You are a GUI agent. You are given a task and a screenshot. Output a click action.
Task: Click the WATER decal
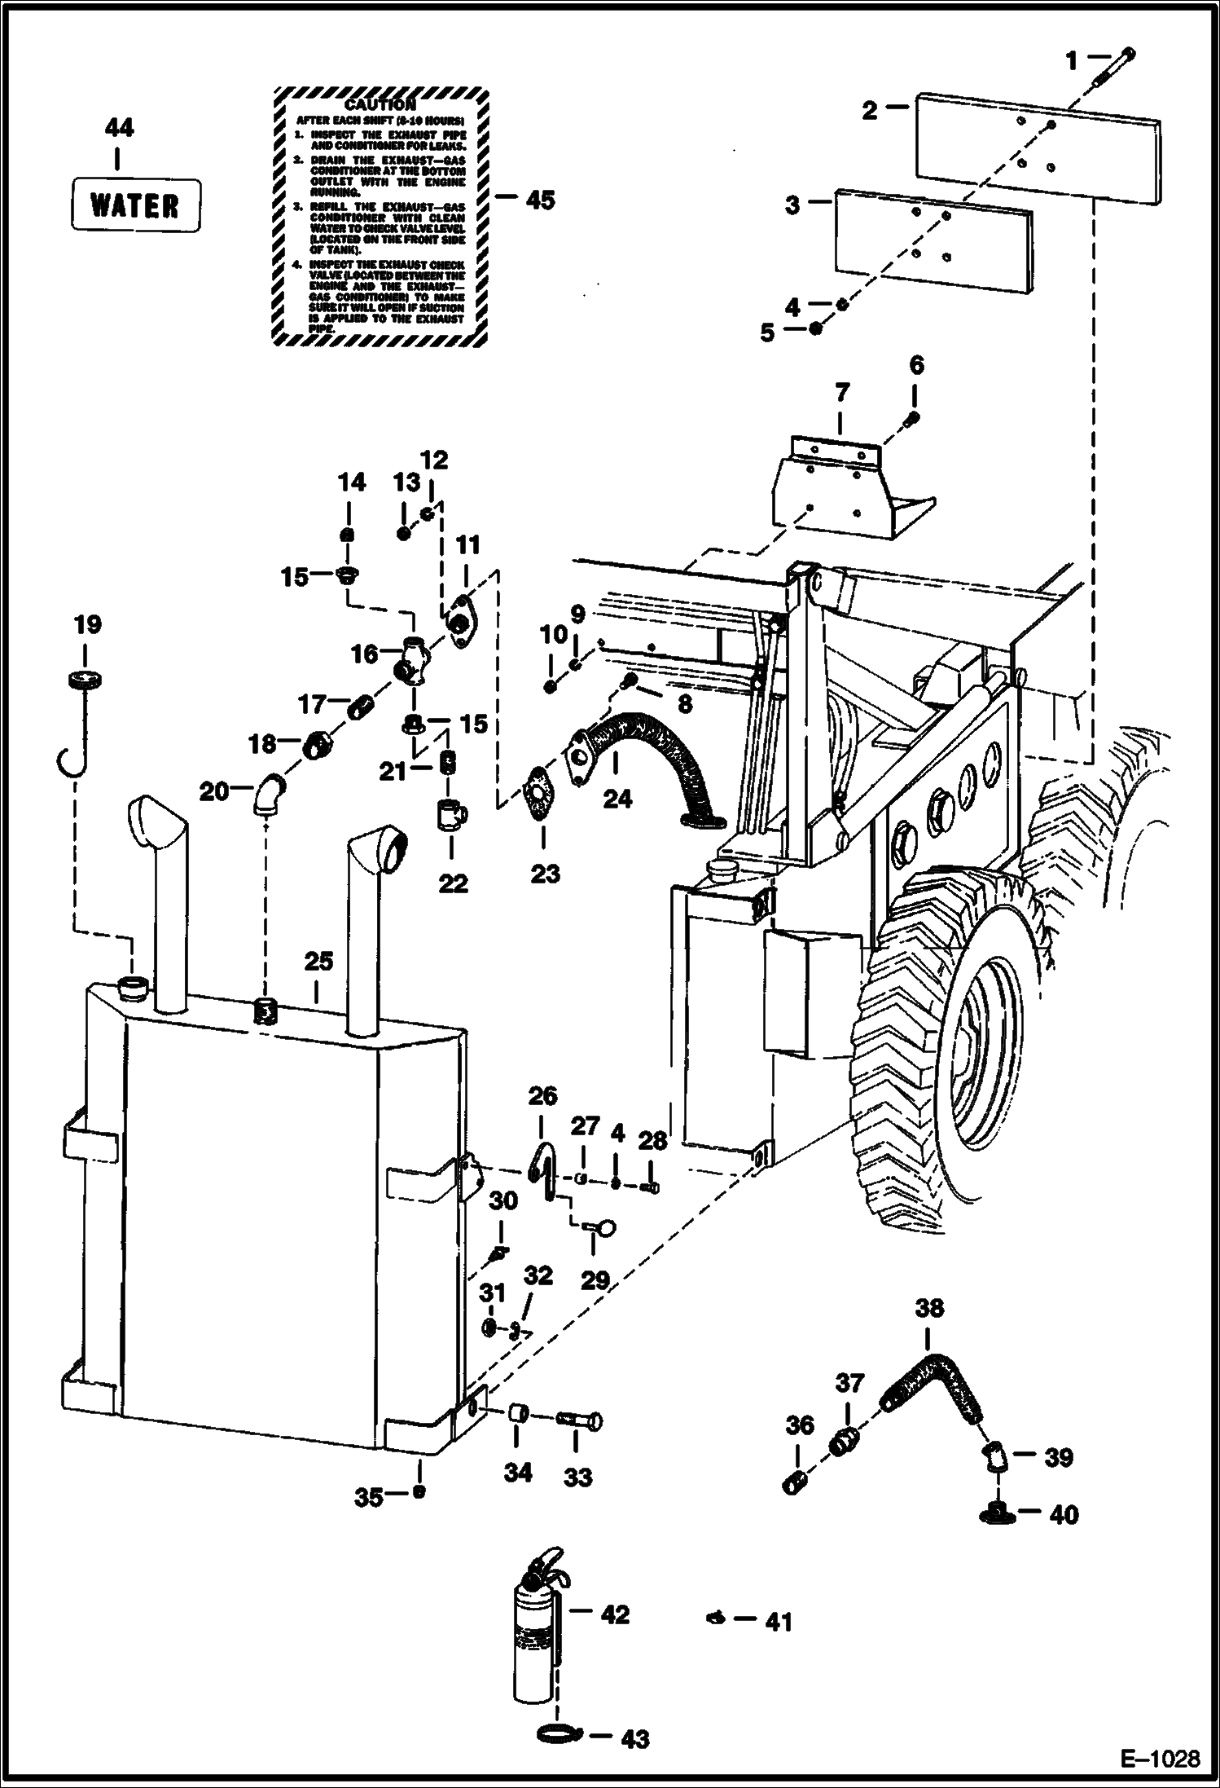tap(135, 205)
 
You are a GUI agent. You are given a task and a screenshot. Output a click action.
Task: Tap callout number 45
tap(540, 199)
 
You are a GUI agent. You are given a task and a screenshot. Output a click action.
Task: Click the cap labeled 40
tap(995, 1513)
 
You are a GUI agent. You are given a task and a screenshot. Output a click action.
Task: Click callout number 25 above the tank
tap(318, 962)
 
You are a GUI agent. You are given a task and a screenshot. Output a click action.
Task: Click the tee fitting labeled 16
tap(414, 658)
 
